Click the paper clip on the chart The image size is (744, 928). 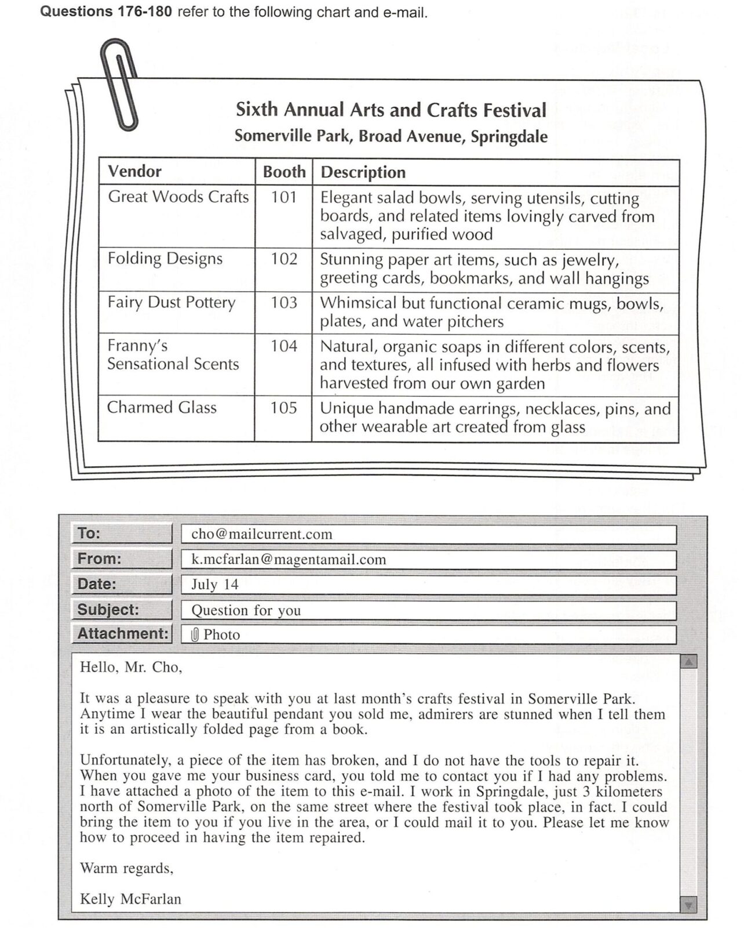121,84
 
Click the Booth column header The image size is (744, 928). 284,172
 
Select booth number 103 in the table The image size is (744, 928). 284,302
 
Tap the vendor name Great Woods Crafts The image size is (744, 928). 178,197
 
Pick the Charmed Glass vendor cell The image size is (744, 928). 162,407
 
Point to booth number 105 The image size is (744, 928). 283,408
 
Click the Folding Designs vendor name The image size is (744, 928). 165,259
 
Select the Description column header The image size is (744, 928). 363,172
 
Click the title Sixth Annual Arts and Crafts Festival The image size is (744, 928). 391,110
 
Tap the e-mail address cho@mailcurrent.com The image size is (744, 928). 262,534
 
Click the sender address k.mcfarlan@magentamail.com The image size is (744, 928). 289,559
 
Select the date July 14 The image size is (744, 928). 215,584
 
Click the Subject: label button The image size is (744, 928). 122,610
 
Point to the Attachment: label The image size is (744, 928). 122,633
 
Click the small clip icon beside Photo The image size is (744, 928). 195,635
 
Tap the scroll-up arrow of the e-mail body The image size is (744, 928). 688,662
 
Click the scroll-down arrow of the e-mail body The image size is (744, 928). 688,904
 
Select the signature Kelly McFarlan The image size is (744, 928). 130,899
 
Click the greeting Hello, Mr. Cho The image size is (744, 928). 131,667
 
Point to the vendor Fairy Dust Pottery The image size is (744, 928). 172,302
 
